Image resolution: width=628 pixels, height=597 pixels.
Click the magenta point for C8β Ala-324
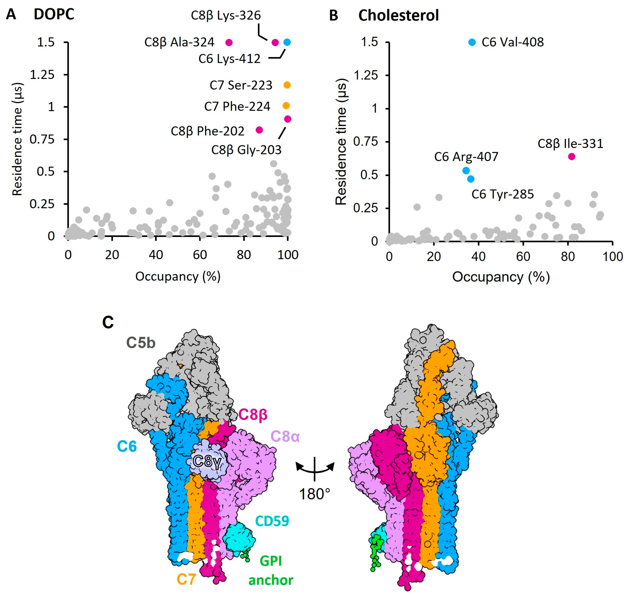(x=229, y=42)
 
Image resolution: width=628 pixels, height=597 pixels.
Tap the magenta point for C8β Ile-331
(x=572, y=156)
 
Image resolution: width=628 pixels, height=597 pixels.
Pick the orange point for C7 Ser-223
(x=287, y=85)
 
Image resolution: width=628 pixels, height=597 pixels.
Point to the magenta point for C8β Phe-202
(x=259, y=130)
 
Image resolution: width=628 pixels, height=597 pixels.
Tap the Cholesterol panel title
(x=398, y=15)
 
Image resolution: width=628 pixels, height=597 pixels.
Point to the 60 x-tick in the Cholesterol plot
(x=523, y=257)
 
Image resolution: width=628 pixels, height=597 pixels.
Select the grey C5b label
(x=141, y=343)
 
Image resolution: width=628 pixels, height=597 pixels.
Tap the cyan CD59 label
(x=272, y=521)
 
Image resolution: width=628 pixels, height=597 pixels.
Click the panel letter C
(x=108, y=322)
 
